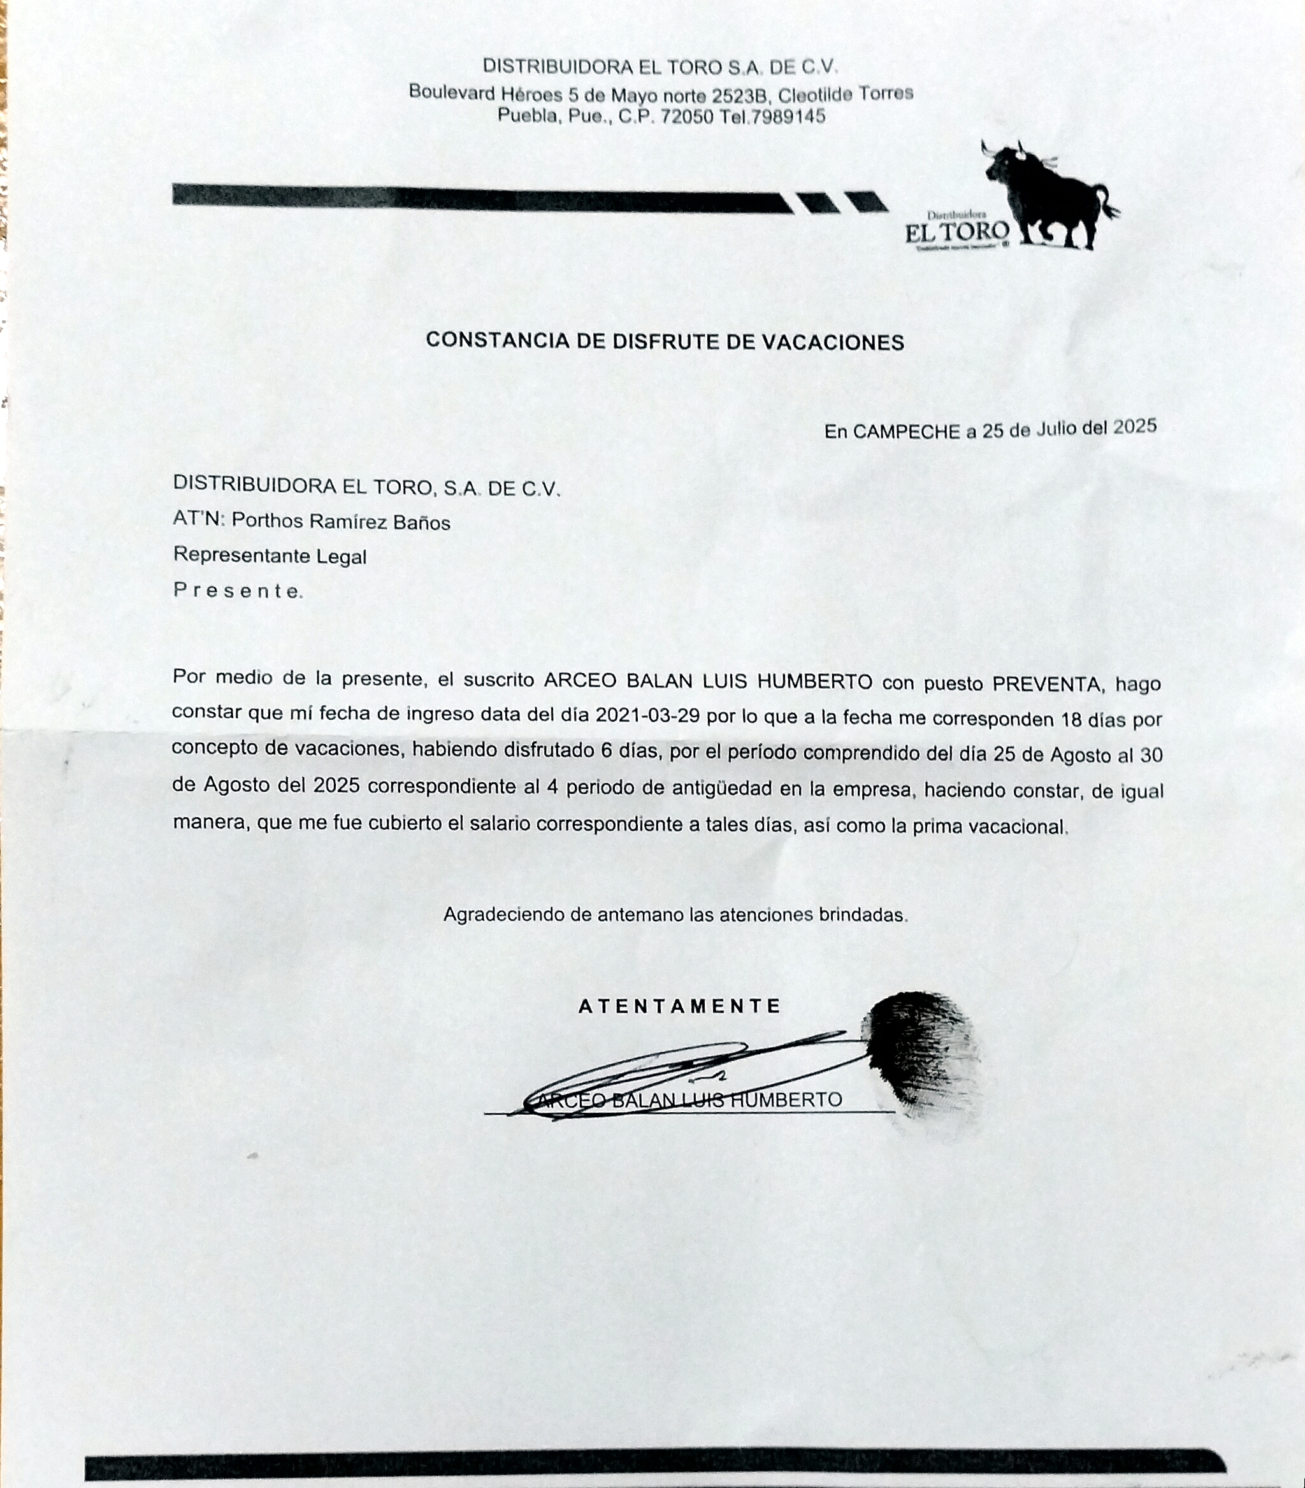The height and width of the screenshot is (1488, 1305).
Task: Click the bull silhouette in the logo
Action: tap(1049, 193)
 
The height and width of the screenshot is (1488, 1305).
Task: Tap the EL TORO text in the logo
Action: tap(957, 233)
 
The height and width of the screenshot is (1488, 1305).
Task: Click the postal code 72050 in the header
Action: tap(687, 117)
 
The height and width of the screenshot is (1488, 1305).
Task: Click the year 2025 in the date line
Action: tap(1135, 427)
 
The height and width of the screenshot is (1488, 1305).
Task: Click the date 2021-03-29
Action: tap(647, 715)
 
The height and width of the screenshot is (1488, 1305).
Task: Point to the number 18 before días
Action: tap(1071, 719)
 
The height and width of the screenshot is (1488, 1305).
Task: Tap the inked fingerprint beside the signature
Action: tap(921, 1055)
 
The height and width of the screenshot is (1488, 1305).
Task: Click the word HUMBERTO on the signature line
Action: tap(786, 1099)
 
